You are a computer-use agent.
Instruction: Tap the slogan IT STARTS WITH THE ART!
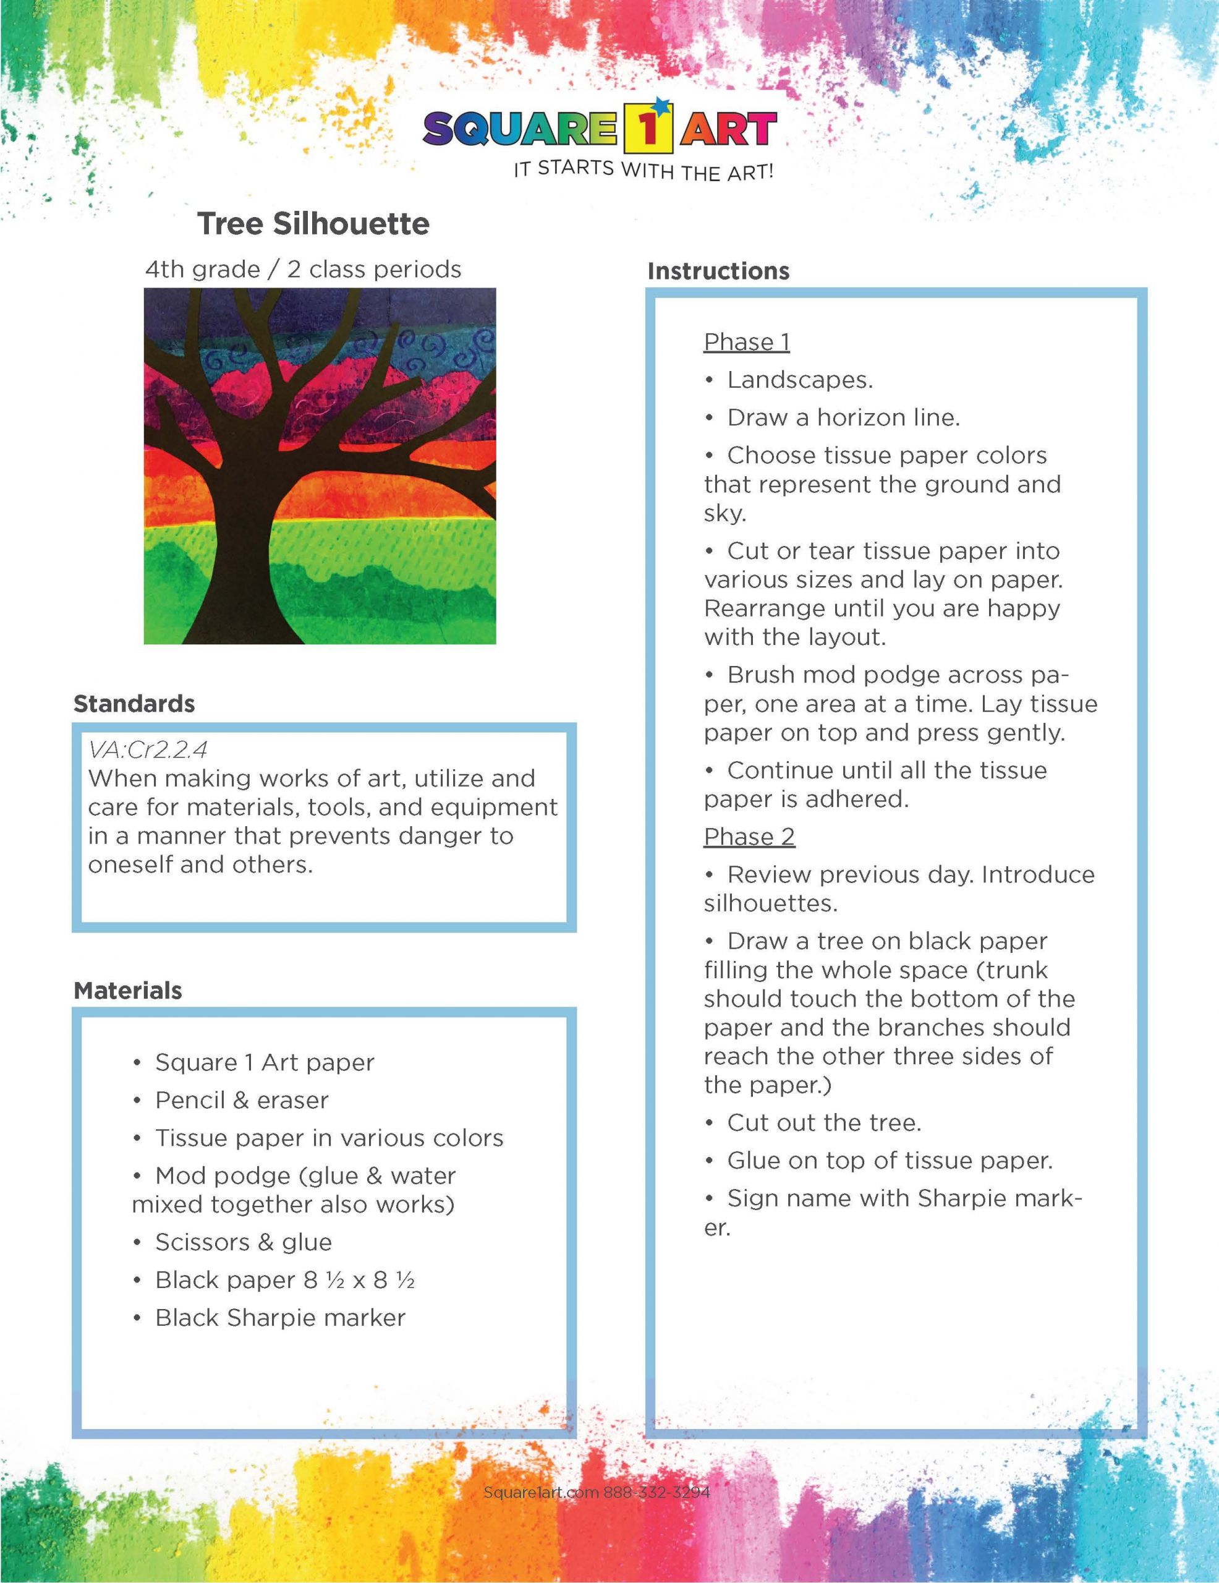[643, 170]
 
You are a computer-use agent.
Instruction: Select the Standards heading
[134, 703]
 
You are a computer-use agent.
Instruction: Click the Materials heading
[127, 990]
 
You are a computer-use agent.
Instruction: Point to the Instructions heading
[718, 271]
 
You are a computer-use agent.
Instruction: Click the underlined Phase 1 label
[747, 341]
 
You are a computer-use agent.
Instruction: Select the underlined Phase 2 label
[749, 837]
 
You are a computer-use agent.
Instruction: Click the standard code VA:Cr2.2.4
[148, 749]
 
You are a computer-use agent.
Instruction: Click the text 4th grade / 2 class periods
[303, 270]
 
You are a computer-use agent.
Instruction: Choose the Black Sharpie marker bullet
[280, 1318]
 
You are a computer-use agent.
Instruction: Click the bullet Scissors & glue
[243, 1242]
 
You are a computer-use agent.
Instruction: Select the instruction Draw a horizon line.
[843, 417]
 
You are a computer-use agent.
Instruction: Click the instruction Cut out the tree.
[824, 1123]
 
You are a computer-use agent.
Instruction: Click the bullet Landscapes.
[799, 380]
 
